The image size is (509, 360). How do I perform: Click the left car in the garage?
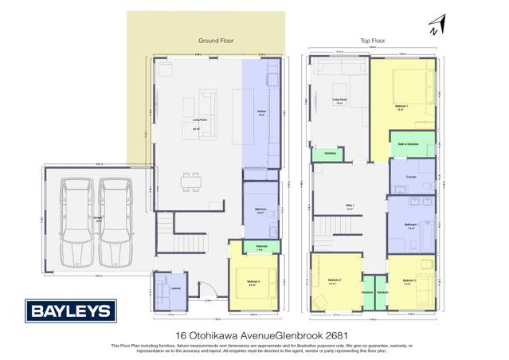pos(77,222)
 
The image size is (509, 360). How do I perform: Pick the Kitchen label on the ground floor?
pos(260,112)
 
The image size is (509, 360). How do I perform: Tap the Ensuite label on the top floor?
pos(411,176)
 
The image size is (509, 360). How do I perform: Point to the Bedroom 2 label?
pos(335,280)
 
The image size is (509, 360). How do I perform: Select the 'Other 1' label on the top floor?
pos(350,206)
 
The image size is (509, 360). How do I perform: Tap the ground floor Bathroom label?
pos(260,210)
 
